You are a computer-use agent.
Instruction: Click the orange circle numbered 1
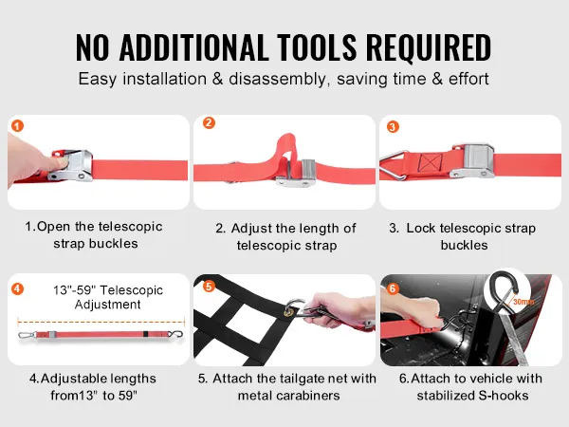click(17, 126)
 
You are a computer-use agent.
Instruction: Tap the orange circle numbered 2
click(209, 122)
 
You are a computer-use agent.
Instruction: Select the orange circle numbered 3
click(393, 127)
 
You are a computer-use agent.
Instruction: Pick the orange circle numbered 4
click(17, 289)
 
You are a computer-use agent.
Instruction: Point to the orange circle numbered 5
click(209, 287)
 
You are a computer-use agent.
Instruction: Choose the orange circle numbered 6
click(393, 288)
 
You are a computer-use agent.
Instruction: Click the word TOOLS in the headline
click(317, 47)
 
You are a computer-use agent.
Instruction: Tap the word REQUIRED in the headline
click(429, 47)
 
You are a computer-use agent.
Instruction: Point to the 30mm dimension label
click(523, 302)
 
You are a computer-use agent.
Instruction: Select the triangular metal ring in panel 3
click(394, 165)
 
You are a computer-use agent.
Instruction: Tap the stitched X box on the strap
click(431, 162)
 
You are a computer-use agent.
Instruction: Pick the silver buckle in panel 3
click(473, 160)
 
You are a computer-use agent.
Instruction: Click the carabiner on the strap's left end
click(28, 335)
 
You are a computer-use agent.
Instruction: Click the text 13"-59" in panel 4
click(74, 290)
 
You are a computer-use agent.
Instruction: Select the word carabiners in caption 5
click(307, 396)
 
